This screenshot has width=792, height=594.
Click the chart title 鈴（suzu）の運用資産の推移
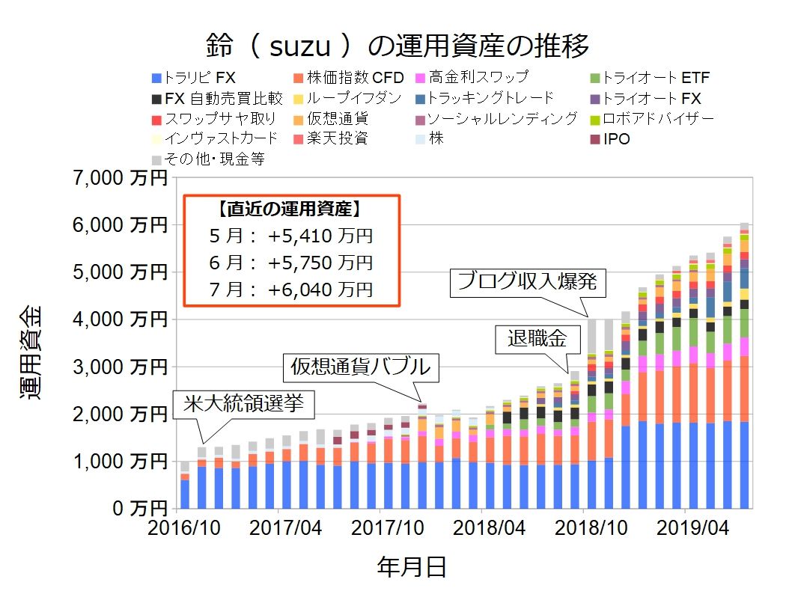(x=397, y=46)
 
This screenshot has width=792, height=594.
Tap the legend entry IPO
(x=616, y=139)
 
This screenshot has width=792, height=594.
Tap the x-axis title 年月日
(x=411, y=567)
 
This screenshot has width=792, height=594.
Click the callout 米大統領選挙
(x=244, y=405)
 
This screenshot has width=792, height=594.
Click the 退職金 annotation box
(x=537, y=340)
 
